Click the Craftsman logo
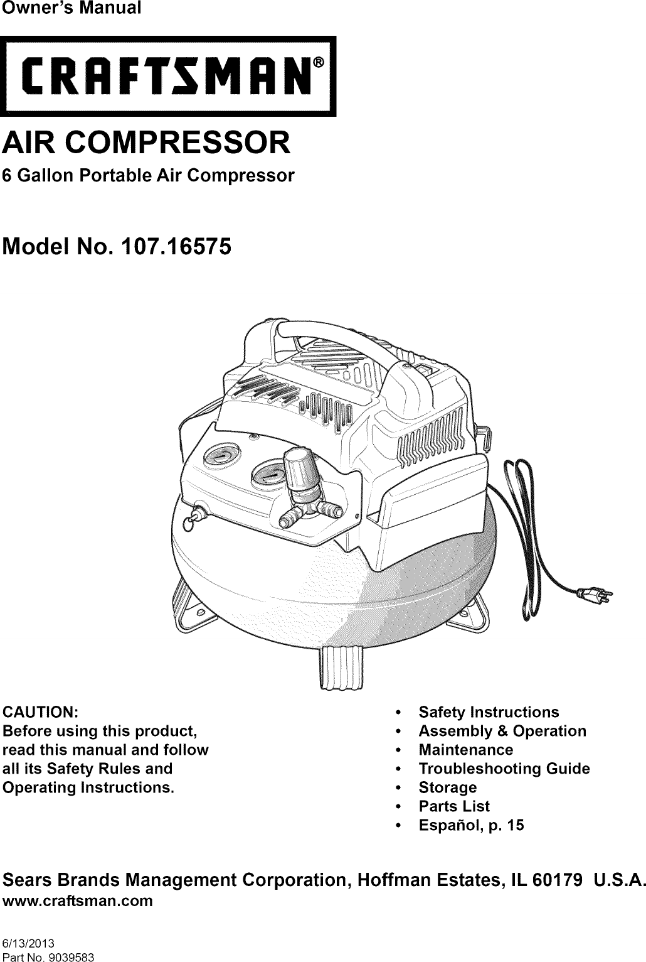pos(168,76)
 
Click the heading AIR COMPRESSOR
pos(147,143)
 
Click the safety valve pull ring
pos(191,522)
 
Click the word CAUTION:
pos(41,713)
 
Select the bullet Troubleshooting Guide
pos(504,769)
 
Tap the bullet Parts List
pos(454,806)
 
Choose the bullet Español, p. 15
pos(471,825)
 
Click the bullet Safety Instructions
pos(489,712)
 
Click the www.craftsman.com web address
pos(78,901)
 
